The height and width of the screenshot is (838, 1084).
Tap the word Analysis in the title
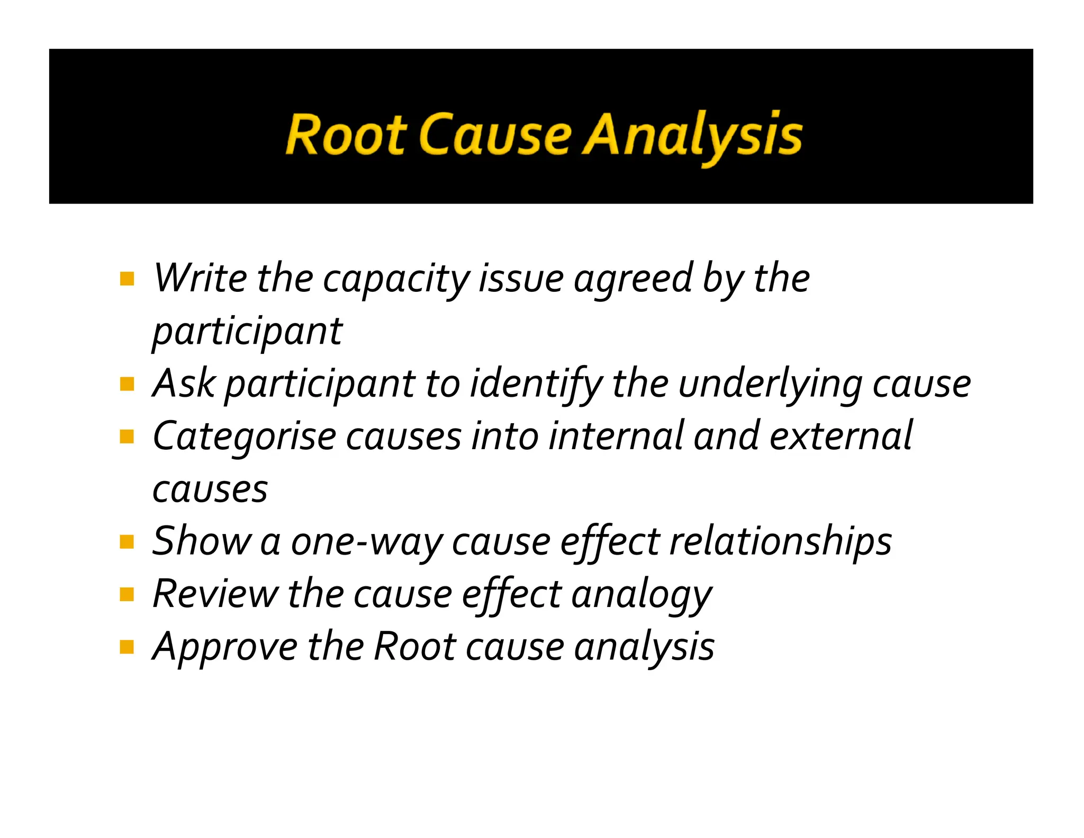coord(692,136)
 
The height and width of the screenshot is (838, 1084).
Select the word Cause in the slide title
coord(496,135)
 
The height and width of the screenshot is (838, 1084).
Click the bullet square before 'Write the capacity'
coord(127,279)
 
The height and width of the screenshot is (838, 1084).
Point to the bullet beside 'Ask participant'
coord(127,384)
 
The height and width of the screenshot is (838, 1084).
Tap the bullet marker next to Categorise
coord(127,436)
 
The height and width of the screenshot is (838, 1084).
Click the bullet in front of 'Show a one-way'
coord(127,542)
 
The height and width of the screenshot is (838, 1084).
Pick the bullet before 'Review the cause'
coord(127,594)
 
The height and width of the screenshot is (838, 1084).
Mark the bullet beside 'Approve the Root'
coord(127,647)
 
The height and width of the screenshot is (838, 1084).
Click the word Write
coord(200,279)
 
